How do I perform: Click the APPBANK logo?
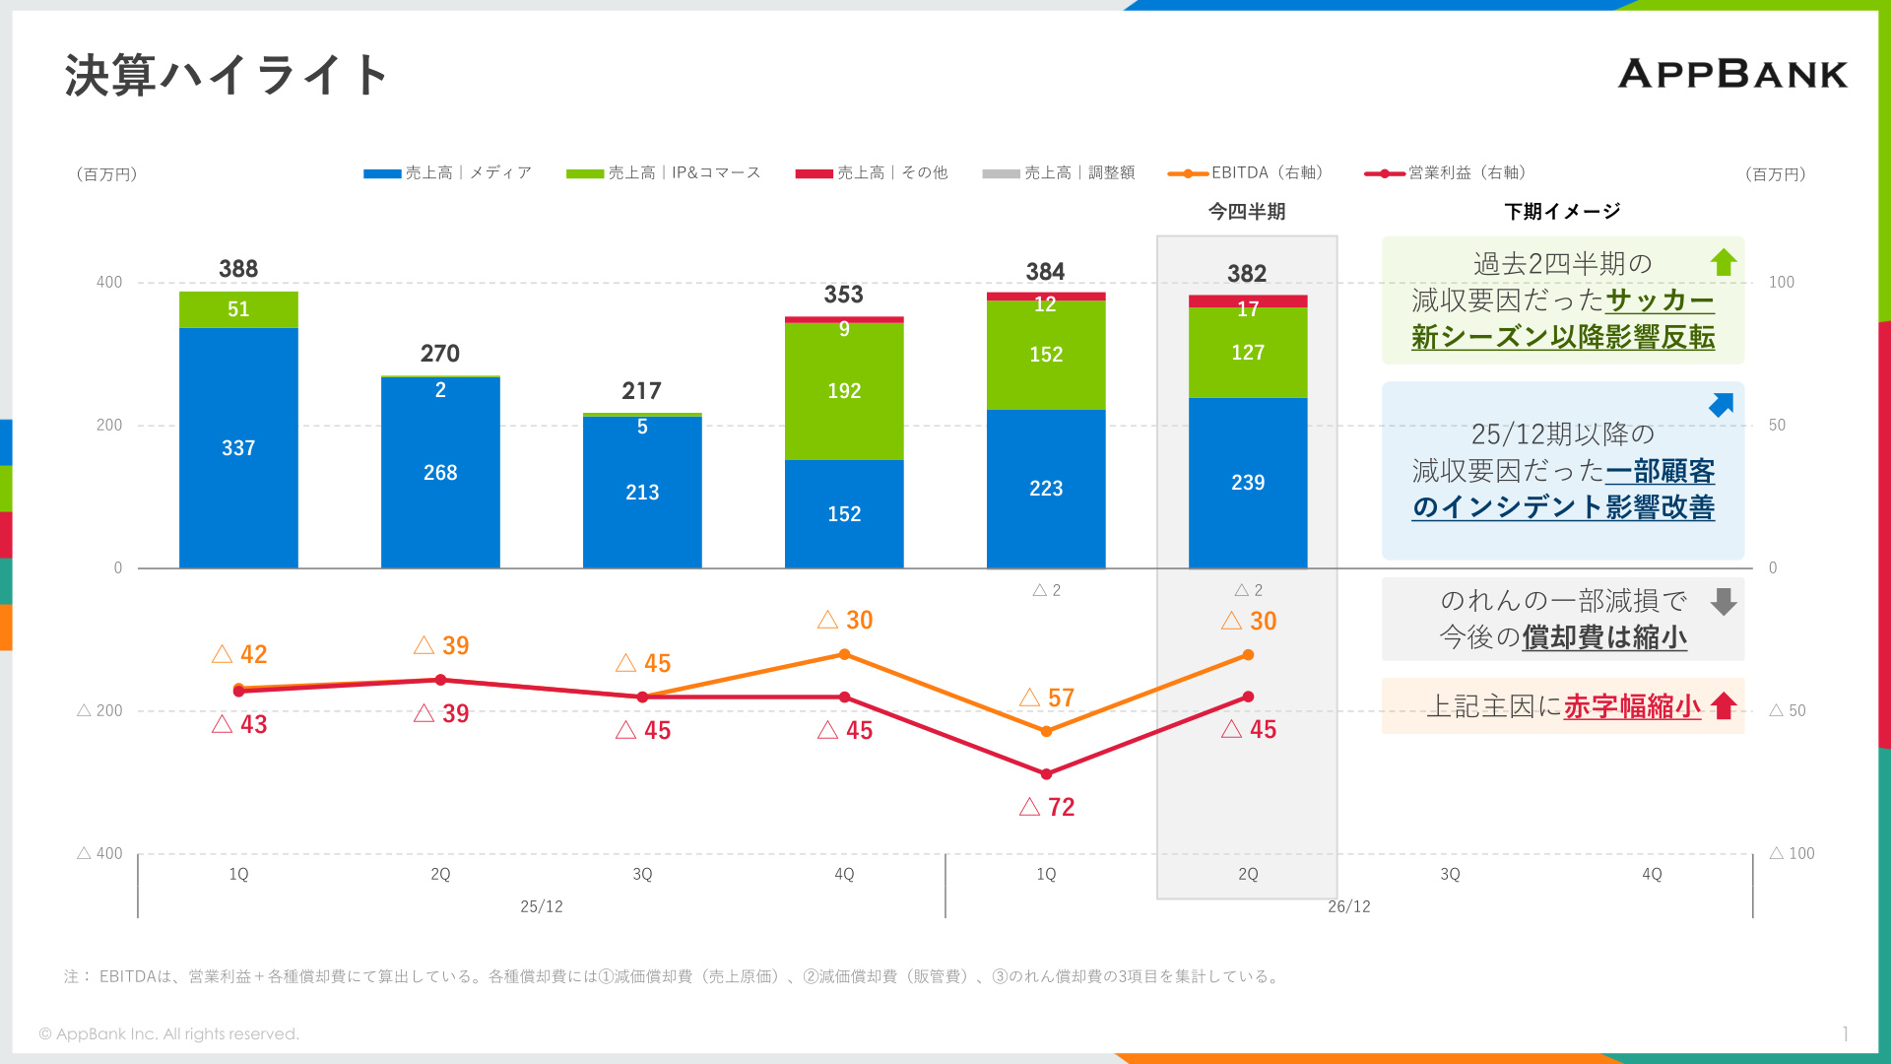[x=1732, y=74]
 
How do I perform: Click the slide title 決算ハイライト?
[x=227, y=75]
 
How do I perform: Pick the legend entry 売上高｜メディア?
[x=448, y=173]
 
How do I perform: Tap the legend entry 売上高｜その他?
[x=872, y=173]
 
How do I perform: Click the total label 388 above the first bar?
[x=238, y=269]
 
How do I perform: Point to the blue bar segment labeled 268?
[x=440, y=473]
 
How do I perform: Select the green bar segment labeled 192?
[x=844, y=391]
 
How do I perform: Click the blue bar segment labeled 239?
[x=1248, y=483]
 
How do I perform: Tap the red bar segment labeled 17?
[x=1248, y=301]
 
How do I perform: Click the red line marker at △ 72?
[x=1046, y=774]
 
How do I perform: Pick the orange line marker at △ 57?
[x=1046, y=731]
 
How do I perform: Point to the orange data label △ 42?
[x=239, y=654]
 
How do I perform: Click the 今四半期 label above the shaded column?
[x=1247, y=212]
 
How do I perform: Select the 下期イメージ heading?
[x=1562, y=212]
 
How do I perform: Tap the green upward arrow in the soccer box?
[x=1724, y=262]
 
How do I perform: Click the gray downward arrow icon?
[x=1724, y=602]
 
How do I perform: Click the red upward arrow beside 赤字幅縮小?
[x=1724, y=705]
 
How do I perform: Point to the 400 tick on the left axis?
[x=109, y=283]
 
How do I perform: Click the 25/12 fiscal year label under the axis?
[x=542, y=906]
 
